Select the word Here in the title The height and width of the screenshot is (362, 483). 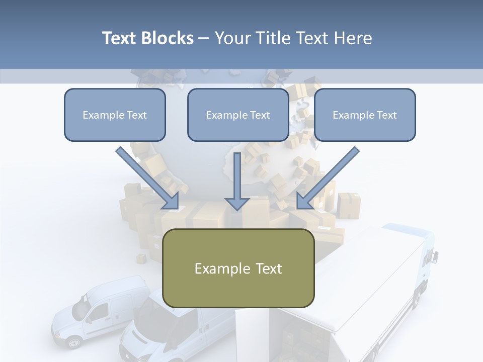[352, 38]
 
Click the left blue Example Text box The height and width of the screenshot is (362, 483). [115, 115]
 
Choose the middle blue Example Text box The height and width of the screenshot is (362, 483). [238, 115]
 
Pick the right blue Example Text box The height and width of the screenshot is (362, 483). [365, 115]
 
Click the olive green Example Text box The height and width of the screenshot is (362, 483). [238, 268]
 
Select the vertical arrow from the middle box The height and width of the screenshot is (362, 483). [237, 182]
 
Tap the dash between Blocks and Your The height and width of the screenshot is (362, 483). [204, 39]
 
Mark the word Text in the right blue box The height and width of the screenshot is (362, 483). [386, 115]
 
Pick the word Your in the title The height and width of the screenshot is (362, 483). [233, 38]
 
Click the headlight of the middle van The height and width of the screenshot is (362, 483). [132, 347]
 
